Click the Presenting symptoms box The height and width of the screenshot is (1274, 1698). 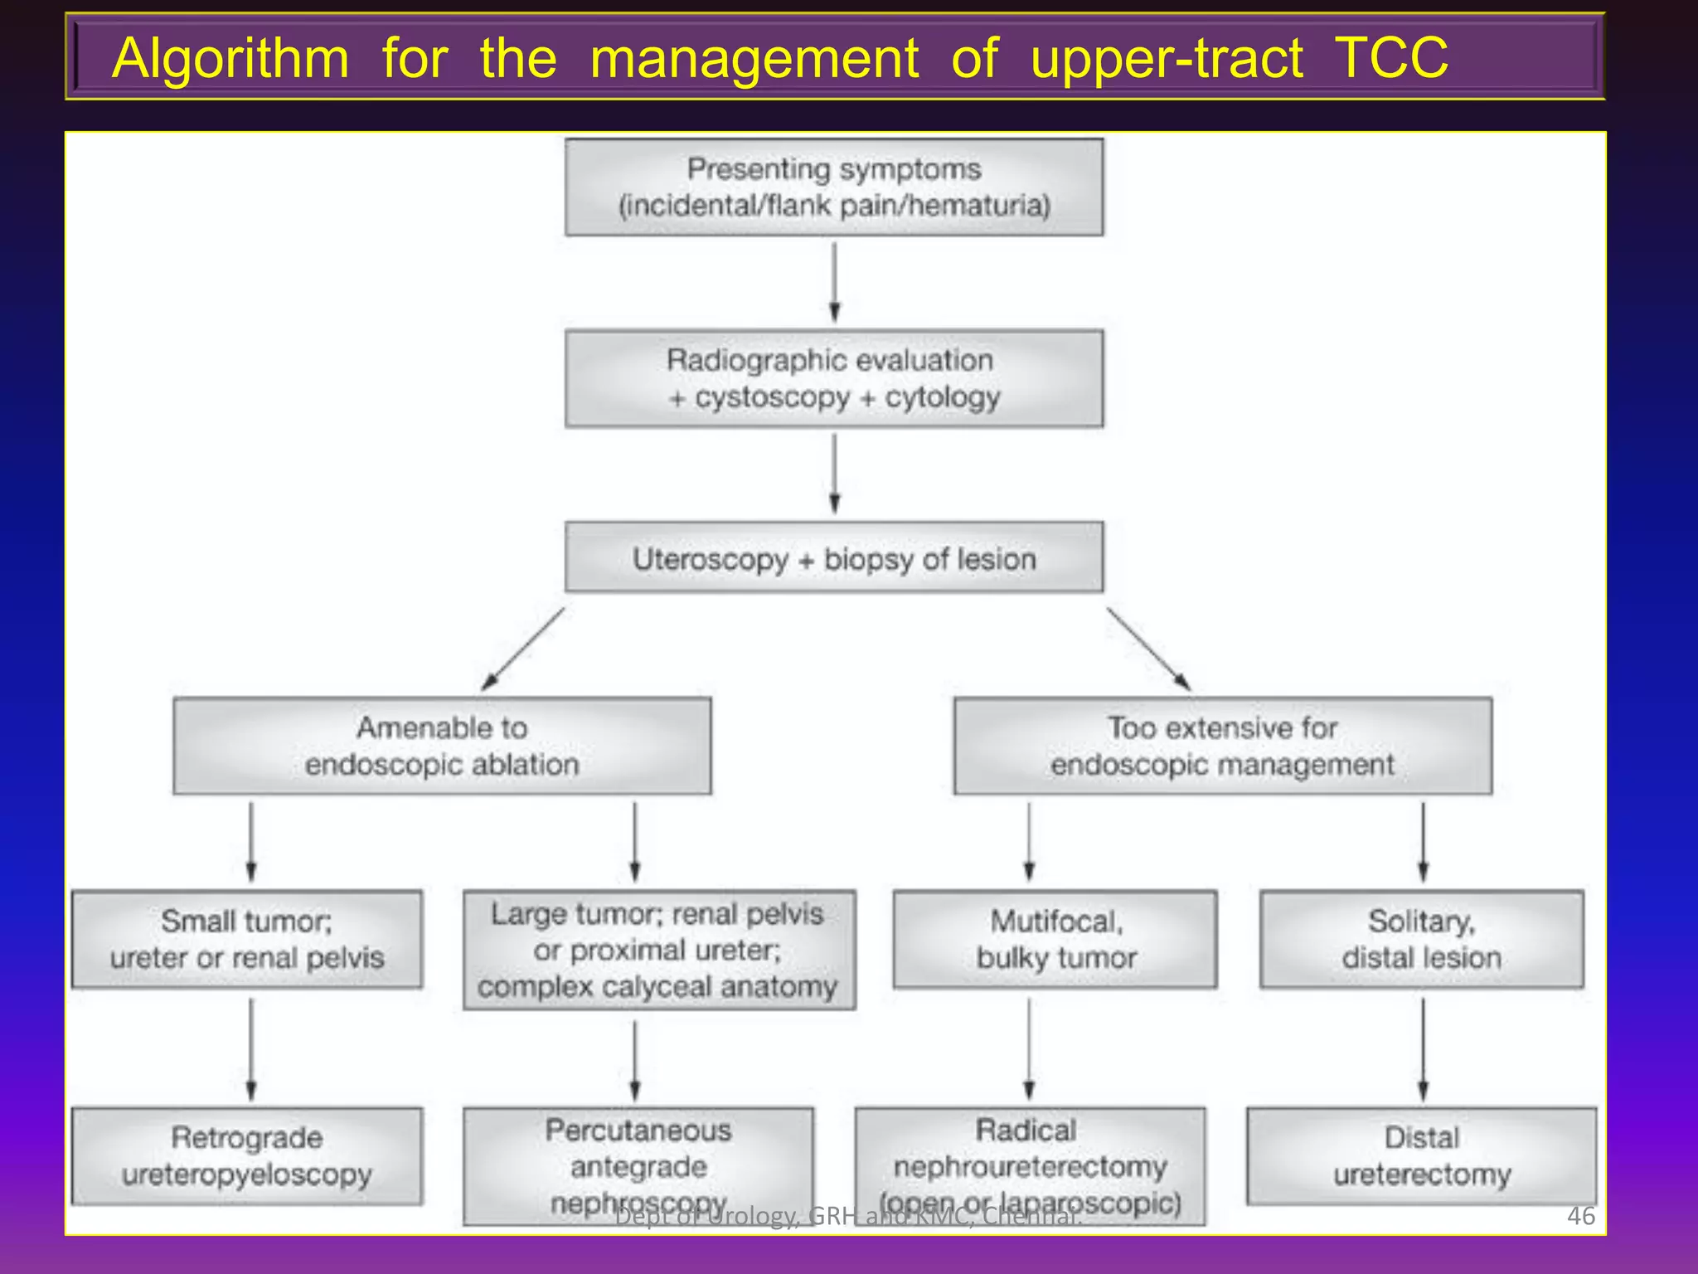[x=834, y=187]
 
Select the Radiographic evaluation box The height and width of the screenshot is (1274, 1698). [x=834, y=379]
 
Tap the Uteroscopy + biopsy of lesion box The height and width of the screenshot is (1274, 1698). [x=834, y=557]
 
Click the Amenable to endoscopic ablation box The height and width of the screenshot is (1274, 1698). [x=442, y=746]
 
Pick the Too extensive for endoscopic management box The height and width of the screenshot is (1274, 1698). [x=1222, y=746]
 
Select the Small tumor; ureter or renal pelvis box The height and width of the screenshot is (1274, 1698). [x=247, y=940]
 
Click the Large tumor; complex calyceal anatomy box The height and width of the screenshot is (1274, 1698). [x=659, y=951]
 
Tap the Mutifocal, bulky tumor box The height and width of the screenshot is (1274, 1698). [x=1055, y=940]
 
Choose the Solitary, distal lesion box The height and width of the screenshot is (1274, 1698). [x=1421, y=940]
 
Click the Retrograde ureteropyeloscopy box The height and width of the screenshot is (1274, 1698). [x=247, y=1156]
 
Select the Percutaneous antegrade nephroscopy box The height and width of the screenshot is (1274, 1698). [x=638, y=1165]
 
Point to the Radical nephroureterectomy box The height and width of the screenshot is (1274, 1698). [x=1030, y=1165]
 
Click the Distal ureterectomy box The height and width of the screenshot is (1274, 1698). [x=1421, y=1156]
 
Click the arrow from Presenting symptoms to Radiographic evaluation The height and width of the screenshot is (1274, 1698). [x=835, y=282]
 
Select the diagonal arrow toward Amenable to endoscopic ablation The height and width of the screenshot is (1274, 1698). [x=523, y=649]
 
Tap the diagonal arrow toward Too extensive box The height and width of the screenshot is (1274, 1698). [x=1148, y=649]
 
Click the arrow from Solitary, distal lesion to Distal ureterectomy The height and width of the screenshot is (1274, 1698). [x=1423, y=1048]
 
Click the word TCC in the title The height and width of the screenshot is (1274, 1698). [x=1391, y=58]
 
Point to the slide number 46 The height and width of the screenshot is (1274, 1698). [x=1580, y=1216]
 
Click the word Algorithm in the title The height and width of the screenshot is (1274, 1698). [x=230, y=58]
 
